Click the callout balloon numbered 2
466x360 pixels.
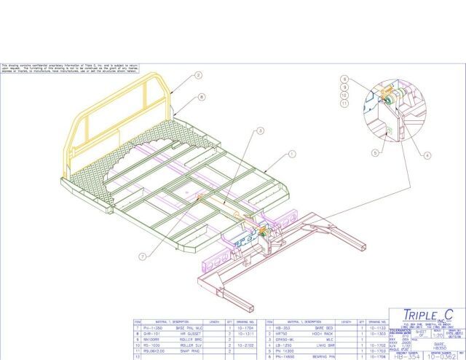pos(198,75)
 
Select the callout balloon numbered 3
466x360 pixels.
pos(259,131)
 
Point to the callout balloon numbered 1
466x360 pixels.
pos(291,154)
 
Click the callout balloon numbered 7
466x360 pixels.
pos(141,256)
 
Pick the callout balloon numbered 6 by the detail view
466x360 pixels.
pos(345,79)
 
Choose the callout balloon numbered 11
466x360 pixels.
pos(345,103)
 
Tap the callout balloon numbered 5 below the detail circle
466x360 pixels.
pos(374,153)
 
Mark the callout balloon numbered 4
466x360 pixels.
pos(427,154)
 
